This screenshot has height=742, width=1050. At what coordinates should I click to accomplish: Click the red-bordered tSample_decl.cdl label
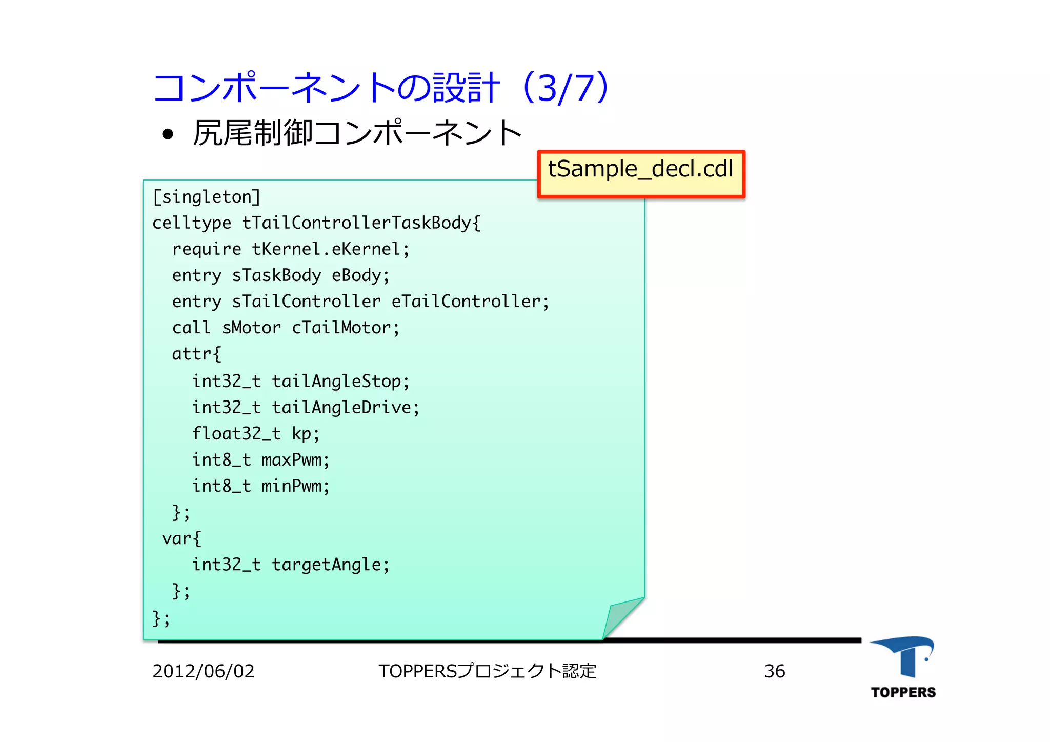(x=641, y=173)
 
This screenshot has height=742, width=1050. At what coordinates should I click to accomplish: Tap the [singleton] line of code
(x=207, y=197)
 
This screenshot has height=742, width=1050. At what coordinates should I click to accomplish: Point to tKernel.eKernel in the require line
(x=326, y=249)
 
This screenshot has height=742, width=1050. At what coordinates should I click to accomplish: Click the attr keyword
(x=192, y=354)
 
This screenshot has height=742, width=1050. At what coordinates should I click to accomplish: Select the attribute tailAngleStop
(x=336, y=381)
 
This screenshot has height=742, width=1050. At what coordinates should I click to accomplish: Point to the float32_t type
(x=236, y=434)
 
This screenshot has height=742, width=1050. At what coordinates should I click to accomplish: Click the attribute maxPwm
(x=291, y=460)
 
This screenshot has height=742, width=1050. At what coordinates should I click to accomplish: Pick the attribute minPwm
(x=291, y=486)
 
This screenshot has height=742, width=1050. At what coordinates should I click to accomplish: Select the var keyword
(x=177, y=538)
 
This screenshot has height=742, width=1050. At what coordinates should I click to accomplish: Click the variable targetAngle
(x=326, y=565)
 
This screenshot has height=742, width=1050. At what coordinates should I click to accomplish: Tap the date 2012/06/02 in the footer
(x=204, y=671)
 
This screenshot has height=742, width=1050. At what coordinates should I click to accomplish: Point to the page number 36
(x=774, y=671)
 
